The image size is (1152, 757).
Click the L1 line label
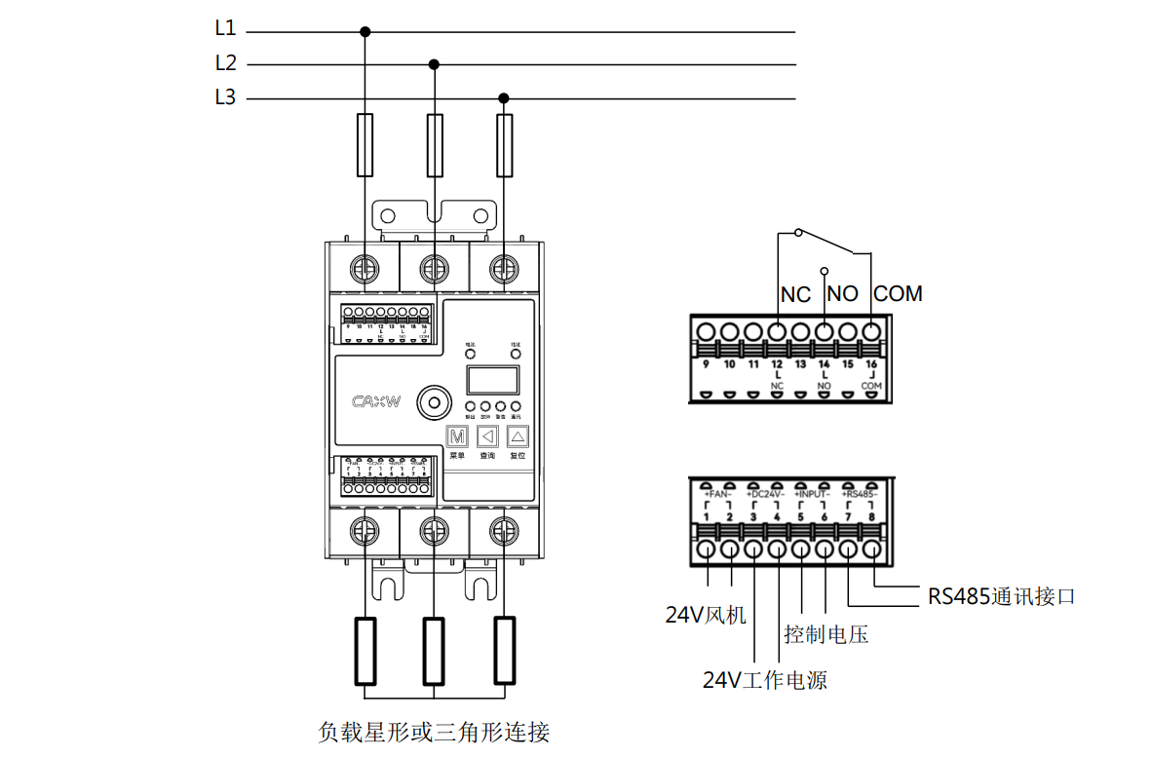(x=225, y=29)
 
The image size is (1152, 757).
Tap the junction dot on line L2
(x=435, y=65)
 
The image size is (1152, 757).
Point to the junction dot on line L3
(x=504, y=98)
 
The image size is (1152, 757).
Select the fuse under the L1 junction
(x=365, y=145)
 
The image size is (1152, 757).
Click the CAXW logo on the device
(x=376, y=400)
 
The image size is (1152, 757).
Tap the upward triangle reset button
(x=518, y=436)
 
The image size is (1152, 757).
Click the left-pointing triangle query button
(x=487, y=436)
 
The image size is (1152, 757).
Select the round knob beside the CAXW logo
(x=433, y=400)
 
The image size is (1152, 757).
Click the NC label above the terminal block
(x=796, y=293)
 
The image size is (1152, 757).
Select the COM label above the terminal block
(x=898, y=293)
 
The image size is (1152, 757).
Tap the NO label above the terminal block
(x=842, y=293)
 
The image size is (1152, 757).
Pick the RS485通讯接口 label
(x=1002, y=596)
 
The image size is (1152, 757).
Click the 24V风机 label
(x=706, y=615)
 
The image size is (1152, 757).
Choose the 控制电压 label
(x=826, y=635)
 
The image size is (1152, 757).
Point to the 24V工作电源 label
(x=765, y=680)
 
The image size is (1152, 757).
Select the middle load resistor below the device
(x=435, y=650)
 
